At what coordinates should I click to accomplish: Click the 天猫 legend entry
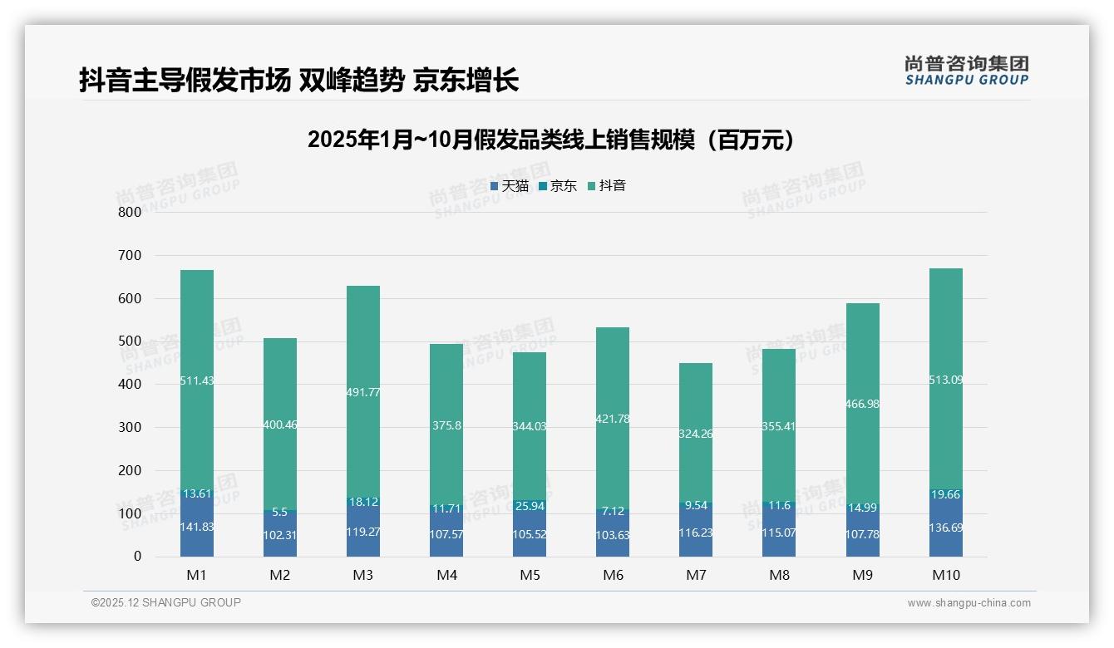coord(510,186)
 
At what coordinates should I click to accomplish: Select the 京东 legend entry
coord(559,186)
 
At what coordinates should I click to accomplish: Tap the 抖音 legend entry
coord(607,186)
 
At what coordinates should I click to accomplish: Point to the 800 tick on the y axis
coord(130,212)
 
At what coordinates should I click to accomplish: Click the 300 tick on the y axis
coord(130,427)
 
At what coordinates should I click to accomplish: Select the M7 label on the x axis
coord(695,575)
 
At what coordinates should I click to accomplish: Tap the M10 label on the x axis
coord(945,575)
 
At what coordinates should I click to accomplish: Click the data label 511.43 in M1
coord(197,380)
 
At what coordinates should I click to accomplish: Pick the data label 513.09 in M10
coord(946,380)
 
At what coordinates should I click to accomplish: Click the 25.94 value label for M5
coord(530,506)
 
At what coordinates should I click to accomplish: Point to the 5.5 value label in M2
coord(280,513)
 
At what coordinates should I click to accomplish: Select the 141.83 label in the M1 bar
coord(197,527)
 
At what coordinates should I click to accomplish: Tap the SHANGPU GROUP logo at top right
coord(966,71)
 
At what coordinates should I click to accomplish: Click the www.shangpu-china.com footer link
coord(969,603)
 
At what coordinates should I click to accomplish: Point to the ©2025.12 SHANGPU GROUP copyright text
coord(166,602)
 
